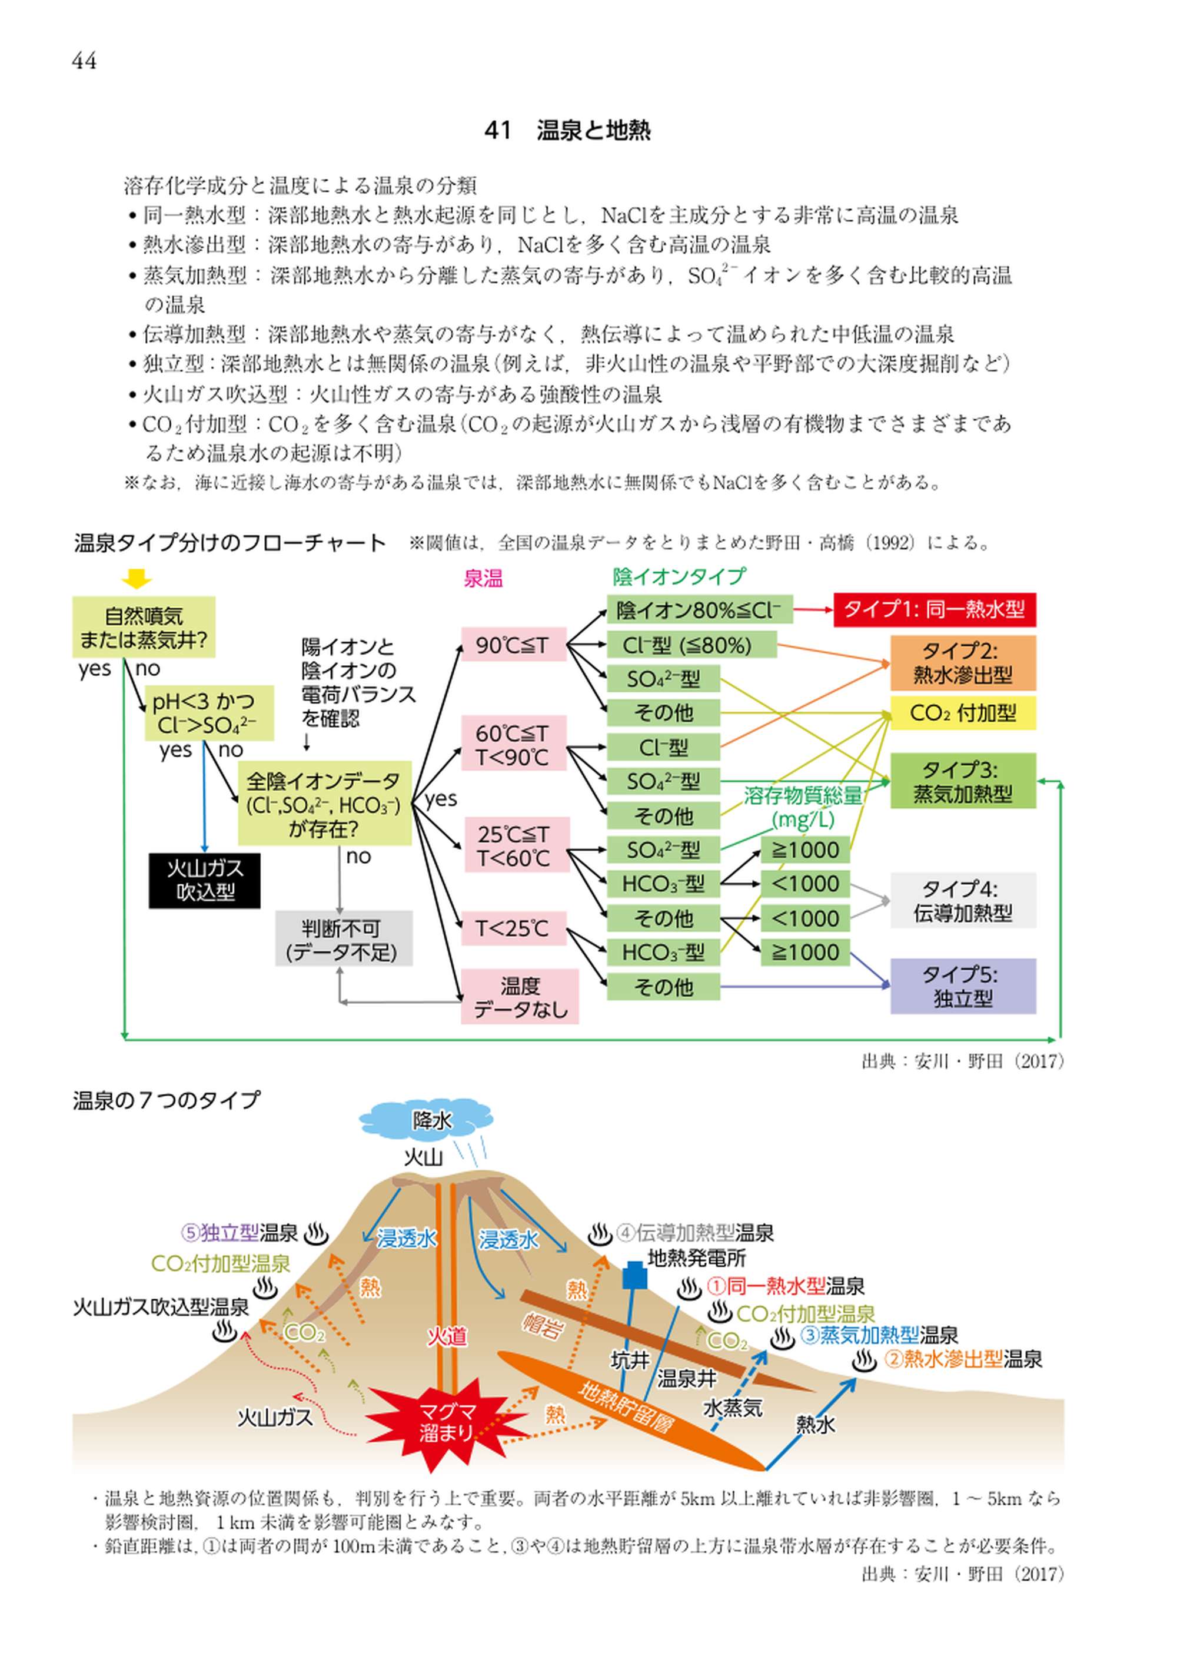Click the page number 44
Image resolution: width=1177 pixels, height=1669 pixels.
[84, 61]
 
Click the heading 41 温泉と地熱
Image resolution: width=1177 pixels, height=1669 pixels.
[567, 130]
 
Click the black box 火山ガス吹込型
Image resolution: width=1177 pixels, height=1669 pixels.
[204, 880]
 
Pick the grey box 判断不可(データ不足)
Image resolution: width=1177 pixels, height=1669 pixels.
[343, 938]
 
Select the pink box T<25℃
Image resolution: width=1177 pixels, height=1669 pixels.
[513, 928]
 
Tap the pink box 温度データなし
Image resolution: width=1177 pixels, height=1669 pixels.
[520, 997]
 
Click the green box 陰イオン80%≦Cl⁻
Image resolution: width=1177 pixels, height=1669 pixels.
[699, 610]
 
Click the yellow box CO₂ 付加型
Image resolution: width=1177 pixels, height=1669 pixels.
[963, 713]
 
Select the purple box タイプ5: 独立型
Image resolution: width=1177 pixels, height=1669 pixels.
[963, 987]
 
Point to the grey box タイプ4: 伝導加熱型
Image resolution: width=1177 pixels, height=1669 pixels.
[963, 901]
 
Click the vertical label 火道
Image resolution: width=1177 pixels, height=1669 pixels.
[446, 1335]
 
